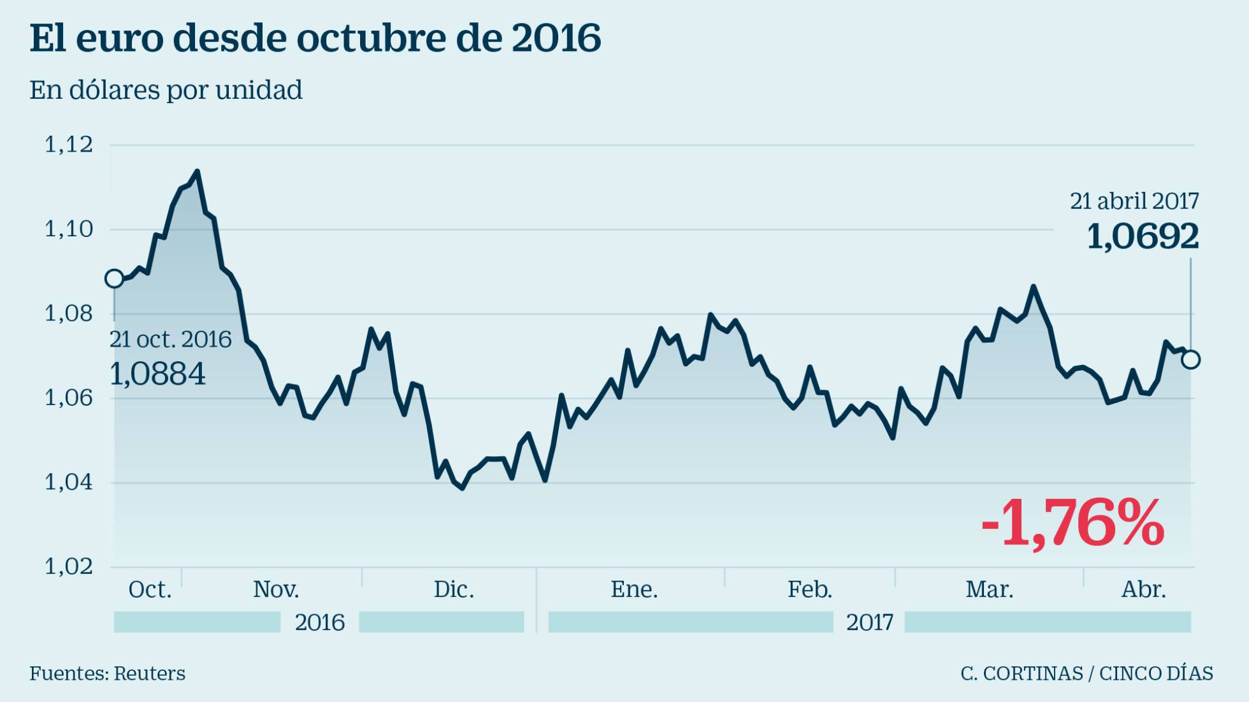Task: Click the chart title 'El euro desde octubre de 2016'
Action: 315,38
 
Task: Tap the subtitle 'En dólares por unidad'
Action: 166,90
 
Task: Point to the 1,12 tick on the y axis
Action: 69,145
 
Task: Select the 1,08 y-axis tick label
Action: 69,313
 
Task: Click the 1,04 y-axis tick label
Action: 69,482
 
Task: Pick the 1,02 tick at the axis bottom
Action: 69,566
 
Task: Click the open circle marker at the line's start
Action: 114,278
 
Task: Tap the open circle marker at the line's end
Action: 1190,360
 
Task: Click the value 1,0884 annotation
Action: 157,374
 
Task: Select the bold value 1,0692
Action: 1142,237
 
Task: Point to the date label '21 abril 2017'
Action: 1134,201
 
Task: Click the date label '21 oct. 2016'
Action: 170,339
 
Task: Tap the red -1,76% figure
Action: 1072,524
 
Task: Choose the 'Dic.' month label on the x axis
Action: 454,589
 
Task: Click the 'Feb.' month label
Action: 809,589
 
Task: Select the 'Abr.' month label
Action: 1143,589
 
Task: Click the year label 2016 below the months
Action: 319,622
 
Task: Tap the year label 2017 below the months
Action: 869,622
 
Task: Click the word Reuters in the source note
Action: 150,673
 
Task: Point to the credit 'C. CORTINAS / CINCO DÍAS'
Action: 1087,673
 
